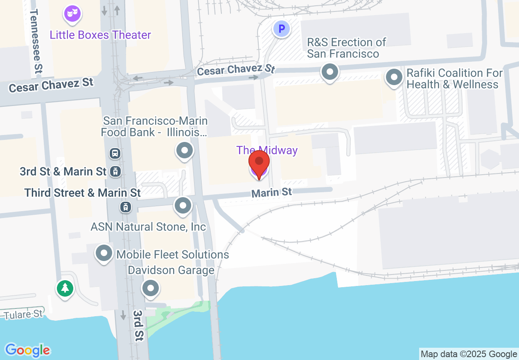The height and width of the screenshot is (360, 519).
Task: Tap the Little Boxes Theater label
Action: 100,35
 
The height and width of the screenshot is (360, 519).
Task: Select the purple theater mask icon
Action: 72,14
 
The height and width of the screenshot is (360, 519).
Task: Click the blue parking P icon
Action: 281,29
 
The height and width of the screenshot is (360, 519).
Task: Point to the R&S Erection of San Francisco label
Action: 346,48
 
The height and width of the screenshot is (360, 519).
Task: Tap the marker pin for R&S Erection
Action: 329,73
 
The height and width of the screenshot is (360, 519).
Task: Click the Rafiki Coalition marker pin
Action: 394,77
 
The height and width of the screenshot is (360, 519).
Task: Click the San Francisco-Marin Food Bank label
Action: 155,126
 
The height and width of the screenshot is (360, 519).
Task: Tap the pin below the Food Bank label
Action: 184,151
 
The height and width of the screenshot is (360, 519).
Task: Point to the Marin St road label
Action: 271,192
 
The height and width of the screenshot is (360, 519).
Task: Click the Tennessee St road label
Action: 36,41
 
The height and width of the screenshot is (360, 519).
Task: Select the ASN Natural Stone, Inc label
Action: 148,227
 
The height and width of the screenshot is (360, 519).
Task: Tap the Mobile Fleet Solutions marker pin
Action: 104,253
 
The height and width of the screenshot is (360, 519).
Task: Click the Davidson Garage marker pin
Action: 151,288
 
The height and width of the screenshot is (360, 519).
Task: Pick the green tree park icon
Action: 65,289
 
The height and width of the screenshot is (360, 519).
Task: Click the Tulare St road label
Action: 23,314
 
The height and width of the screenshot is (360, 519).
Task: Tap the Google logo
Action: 27,350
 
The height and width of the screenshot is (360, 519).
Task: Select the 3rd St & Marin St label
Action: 63,172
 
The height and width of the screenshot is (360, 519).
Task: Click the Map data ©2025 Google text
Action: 469,354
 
